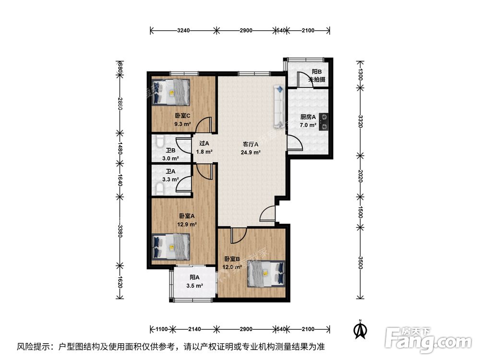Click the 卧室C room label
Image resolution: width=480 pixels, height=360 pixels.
click(182, 116)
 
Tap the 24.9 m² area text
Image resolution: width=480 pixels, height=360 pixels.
click(251, 153)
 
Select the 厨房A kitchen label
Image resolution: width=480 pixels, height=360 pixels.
click(308, 117)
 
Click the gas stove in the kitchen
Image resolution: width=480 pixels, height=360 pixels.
click(324, 121)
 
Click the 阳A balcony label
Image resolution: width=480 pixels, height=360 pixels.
click(194, 277)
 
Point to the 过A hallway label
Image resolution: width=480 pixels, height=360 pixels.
click(204, 144)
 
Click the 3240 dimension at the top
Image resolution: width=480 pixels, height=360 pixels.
click(183, 31)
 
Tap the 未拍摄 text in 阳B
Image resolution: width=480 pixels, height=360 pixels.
click(317, 79)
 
